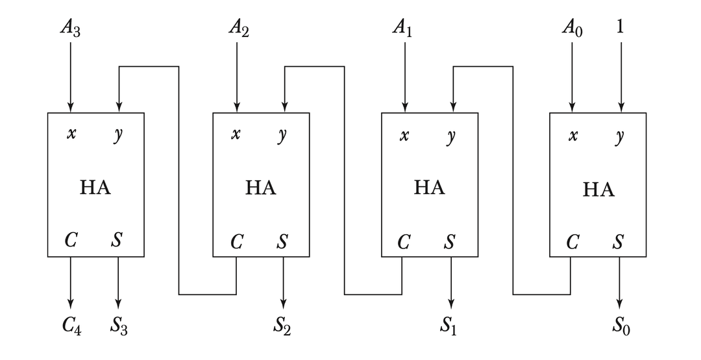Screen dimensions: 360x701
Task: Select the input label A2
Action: (x=238, y=29)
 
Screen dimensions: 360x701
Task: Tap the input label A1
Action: (x=404, y=29)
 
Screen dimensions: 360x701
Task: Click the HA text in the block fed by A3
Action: (x=95, y=188)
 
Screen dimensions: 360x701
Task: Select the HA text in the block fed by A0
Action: (x=598, y=189)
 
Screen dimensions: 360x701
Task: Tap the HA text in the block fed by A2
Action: (x=261, y=188)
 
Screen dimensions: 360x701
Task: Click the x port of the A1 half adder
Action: (x=404, y=136)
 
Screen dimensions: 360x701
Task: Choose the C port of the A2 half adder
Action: (x=237, y=243)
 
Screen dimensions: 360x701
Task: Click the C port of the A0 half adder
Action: (x=572, y=243)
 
